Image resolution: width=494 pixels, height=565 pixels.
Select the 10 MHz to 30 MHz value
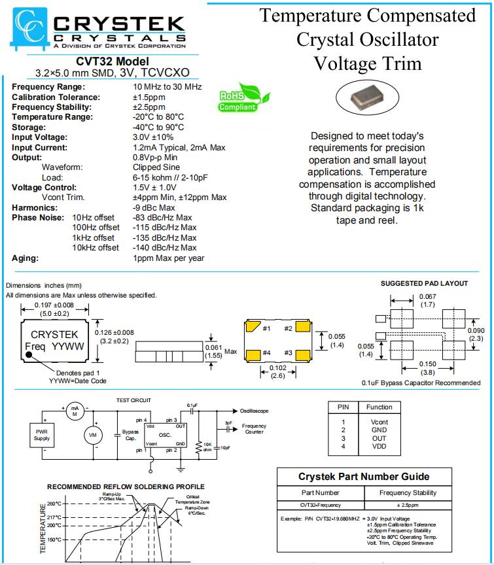(167, 87)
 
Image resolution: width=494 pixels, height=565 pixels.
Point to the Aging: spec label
(26, 258)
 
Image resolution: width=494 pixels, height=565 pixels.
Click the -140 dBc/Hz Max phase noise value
(164, 248)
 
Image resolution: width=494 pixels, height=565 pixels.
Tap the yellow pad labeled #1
(253, 328)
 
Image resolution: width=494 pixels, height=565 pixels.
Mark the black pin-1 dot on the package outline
(29, 356)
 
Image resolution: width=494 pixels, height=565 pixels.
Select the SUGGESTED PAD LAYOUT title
(424, 284)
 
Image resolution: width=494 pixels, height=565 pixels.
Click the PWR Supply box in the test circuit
(41, 434)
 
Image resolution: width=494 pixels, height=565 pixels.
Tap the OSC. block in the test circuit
(166, 435)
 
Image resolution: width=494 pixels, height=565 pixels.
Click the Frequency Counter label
(254, 429)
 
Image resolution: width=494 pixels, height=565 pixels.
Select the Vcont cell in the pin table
(379, 422)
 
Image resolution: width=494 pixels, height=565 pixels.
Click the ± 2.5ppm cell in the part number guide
(408, 505)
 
